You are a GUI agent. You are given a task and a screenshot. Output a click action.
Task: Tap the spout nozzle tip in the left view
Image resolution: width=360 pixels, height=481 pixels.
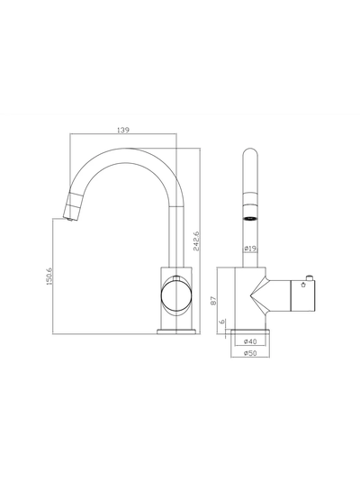[x=69, y=213]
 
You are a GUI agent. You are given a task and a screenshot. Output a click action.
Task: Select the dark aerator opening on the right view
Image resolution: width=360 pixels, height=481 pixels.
[x=250, y=218]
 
